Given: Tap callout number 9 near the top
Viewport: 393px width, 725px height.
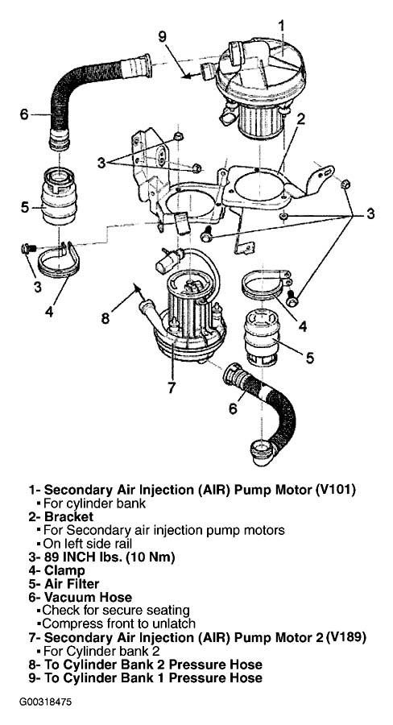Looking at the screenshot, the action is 163,36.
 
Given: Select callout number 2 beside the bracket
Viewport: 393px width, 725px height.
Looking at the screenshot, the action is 301,120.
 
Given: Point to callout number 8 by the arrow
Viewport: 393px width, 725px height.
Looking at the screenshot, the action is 105,318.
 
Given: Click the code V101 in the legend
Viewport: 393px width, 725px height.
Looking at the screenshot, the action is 336,490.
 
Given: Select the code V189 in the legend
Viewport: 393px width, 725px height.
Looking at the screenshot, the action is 346,638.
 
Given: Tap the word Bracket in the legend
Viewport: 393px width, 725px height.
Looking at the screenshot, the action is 69,516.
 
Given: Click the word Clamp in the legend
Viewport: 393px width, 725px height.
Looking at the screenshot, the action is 64,570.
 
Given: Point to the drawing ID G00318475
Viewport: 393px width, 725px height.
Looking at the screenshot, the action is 45,702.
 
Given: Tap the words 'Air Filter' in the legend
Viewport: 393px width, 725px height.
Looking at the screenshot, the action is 72,584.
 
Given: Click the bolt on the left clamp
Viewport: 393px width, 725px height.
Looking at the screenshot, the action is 27,249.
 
